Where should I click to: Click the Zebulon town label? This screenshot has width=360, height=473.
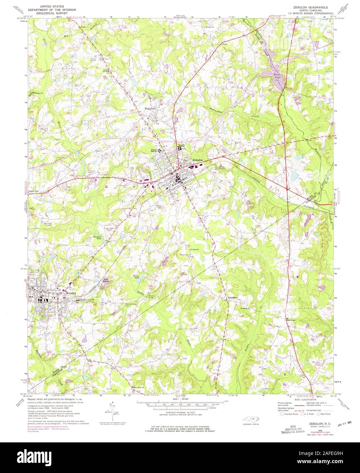(x=198, y=160)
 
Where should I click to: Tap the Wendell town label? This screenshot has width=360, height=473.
(x=71, y=293)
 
